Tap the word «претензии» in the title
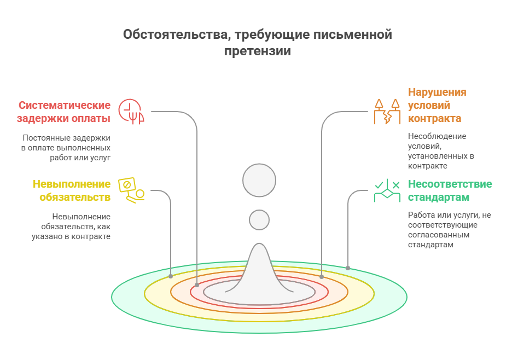[x=257, y=51]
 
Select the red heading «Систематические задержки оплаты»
[x=64, y=112]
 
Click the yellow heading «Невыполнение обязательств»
[x=71, y=190]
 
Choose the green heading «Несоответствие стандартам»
[x=450, y=190]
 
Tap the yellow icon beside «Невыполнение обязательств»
[x=131, y=190]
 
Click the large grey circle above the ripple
[x=259, y=180]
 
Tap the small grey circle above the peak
[x=259, y=220]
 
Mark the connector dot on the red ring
[x=197, y=285]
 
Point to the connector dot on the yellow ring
[x=171, y=276]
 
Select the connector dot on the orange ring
[x=322, y=277]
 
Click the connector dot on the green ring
[x=348, y=268]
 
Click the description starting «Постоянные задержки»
[x=66, y=147]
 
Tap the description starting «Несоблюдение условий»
[x=441, y=151]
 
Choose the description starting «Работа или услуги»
[x=449, y=230]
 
